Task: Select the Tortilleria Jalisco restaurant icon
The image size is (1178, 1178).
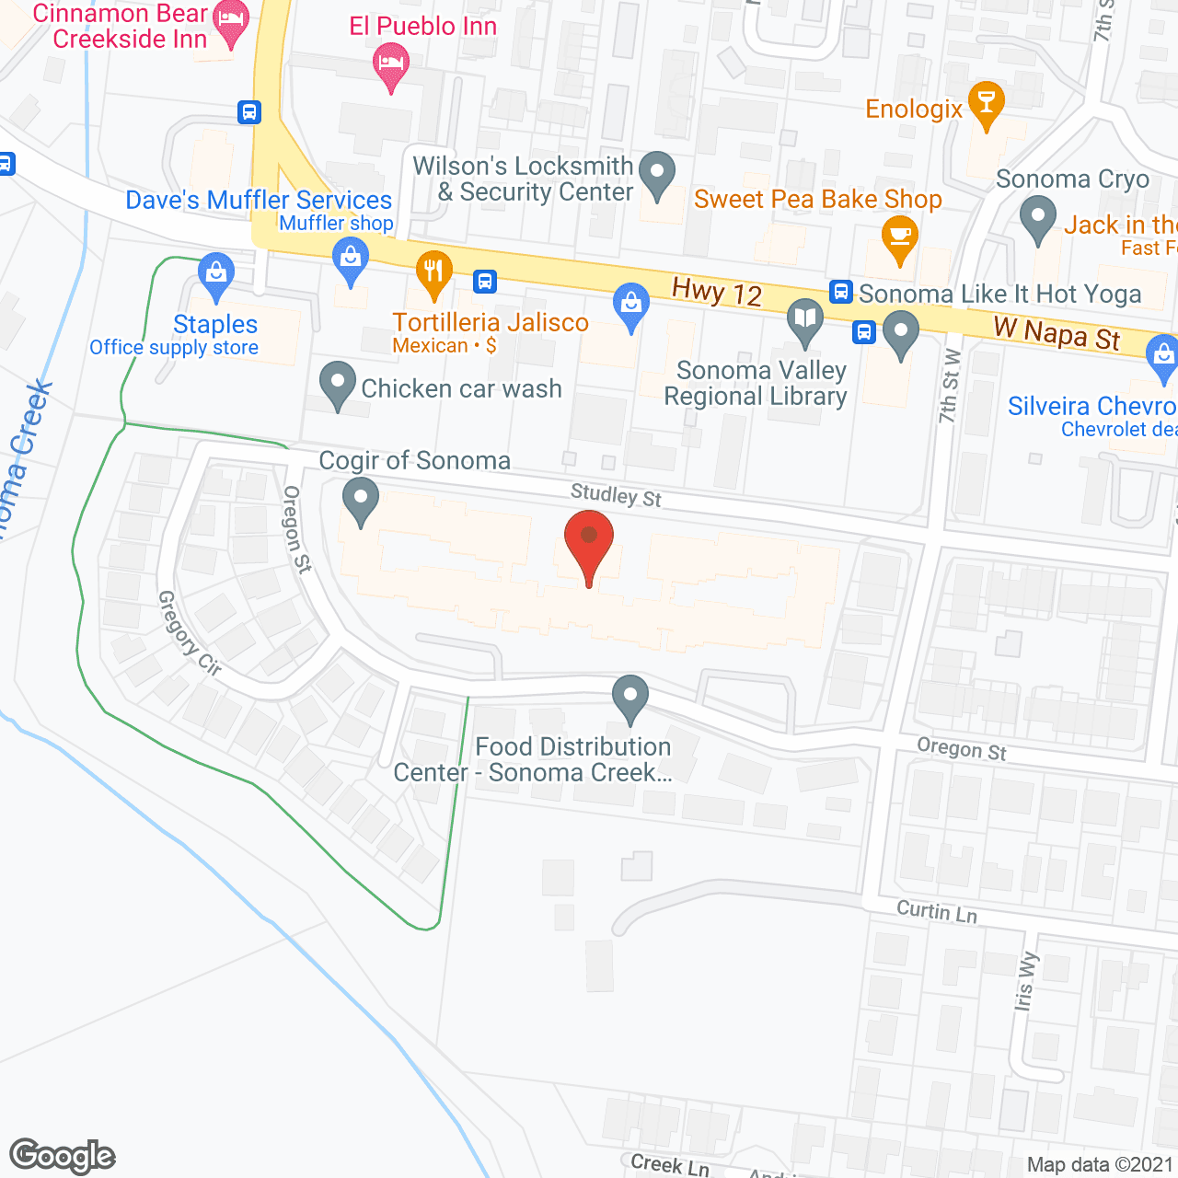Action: [x=433, y=273]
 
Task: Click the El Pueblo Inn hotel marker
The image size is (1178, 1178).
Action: [x=391, y=65]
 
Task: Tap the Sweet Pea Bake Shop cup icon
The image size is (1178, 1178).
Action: [x=899, y=237]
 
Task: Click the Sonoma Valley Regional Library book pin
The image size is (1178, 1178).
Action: [x=805, y=320]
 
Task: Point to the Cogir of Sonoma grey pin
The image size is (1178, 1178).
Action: [x=361, y=500]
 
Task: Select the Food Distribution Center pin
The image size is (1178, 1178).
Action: [x=630, y=697]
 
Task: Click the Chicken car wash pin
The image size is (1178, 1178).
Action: [x=338, y=384]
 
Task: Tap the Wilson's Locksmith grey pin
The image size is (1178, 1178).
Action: [x=657, y=173]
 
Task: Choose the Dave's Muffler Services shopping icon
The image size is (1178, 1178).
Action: [x=351, y=259]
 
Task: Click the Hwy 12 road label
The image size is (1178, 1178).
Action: [x=717, y=292]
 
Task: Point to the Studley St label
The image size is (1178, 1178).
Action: [x=616, y=495]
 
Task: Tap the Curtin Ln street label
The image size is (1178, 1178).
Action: [x=937, y=911]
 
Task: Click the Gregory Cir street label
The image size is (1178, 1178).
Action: [x=189, y=634]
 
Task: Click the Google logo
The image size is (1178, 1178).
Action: [x=63, y=1156]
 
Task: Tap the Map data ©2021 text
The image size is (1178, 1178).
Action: [x=1099, y=1164]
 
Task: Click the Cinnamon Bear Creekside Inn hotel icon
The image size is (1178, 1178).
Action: [x=231, y=22]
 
